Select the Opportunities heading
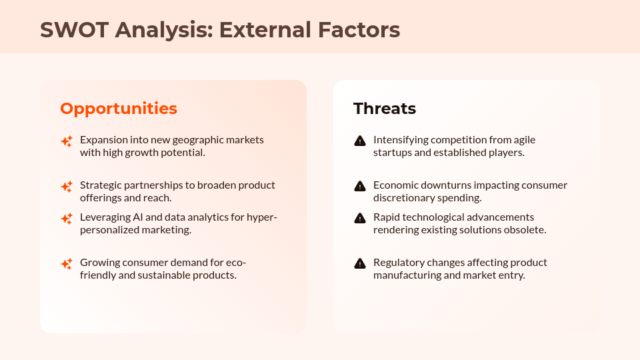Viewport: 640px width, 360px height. [119, 109]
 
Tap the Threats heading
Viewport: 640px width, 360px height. [385, 109]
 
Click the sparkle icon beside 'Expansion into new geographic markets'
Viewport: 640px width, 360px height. [67, 141]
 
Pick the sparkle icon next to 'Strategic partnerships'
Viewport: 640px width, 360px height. [67, 186]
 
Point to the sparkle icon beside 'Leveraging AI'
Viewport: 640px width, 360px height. [67, 218]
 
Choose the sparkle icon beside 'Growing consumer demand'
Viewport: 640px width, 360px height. [67, 263]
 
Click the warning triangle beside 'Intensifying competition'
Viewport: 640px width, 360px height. [360, 141]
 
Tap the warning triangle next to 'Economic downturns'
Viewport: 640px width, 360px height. [360, 186]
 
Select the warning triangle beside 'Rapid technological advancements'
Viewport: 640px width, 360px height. [360, 218]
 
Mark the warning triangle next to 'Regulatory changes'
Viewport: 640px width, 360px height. [360, 263]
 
